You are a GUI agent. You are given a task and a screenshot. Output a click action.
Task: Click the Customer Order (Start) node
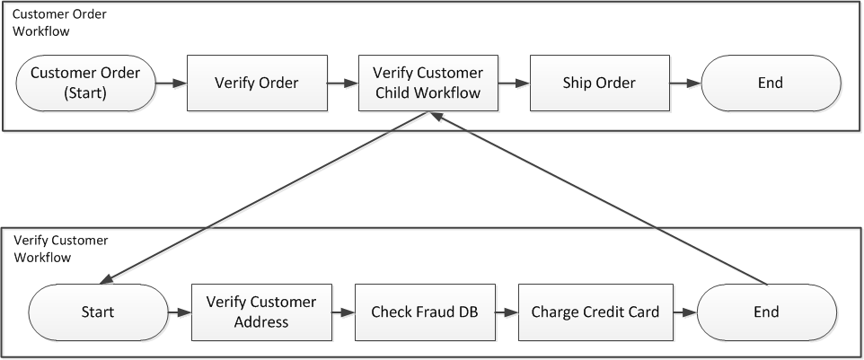(x=85, y=83)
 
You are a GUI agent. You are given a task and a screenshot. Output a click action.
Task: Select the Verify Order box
(x=256, y=83)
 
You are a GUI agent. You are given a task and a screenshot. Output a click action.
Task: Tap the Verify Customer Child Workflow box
(x=428, y=83)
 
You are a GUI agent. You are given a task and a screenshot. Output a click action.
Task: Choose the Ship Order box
(x=599, y=83)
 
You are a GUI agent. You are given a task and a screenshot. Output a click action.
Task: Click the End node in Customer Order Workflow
(x=770, y=83)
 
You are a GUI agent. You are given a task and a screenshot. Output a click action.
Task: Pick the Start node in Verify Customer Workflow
(x=98, y=312)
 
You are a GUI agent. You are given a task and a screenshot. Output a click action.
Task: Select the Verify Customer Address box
(x=261, y=312)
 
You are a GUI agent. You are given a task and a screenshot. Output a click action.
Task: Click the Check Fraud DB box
(x=425, y=312)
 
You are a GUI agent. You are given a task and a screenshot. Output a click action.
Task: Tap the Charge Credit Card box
(x=595, y=312)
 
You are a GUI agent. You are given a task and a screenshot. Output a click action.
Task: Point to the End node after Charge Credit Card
(x=766, y=312)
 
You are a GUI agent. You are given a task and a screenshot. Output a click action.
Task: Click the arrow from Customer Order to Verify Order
(x=171, y=83)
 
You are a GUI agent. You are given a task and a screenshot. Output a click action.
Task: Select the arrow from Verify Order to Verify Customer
(x=341, y=83)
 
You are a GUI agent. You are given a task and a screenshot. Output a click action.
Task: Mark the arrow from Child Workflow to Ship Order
(x=513, y=83)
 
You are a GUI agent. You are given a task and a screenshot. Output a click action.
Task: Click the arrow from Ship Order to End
(x=683, y=83)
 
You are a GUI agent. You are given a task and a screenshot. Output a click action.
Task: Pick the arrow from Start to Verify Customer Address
(x=180, y=312)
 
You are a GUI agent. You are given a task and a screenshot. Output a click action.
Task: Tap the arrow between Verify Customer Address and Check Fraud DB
(x=343, y=312)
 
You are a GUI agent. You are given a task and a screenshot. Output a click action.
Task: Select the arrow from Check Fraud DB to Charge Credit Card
(x=507, y=312)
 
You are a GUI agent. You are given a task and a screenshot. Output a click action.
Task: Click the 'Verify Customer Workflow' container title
(x=59, y=249)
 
